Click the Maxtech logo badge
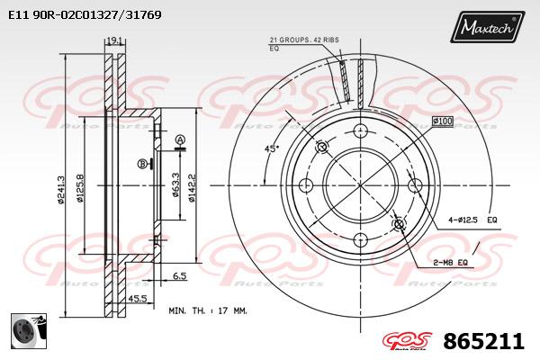[487, 26]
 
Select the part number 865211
[484, 341]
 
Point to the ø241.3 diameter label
[60, 190]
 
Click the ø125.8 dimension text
[80, 188]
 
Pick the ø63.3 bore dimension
[176, 184]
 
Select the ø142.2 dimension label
[192, 187]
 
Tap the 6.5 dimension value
[179, 275]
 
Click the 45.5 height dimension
[138, 299]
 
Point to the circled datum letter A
[180, 139]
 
